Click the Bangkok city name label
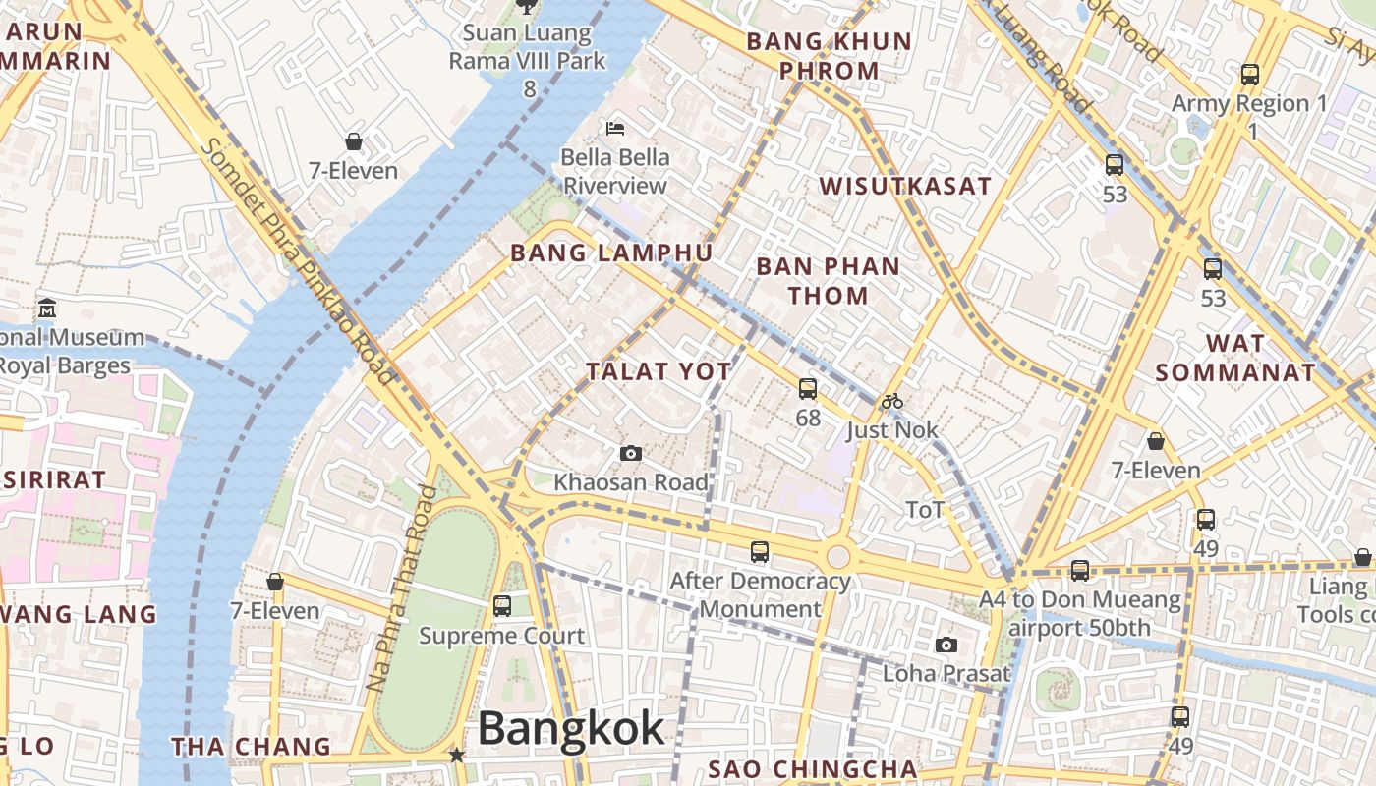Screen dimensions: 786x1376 point(571,729)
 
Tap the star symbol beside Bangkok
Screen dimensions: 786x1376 point(457,755)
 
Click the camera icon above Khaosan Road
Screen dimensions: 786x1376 point(631,453)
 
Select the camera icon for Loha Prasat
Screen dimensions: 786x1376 point(946,645)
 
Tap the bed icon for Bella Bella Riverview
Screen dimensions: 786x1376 point(615,128)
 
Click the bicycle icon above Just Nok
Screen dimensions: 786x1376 point(892,401)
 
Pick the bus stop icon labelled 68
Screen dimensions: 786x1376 point(807,389)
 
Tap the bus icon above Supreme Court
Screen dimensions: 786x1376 point(502,606)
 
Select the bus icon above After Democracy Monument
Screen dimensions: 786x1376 point(760,552)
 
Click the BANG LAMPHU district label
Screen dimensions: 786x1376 point(611,253)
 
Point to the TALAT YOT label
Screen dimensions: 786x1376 point(659,371)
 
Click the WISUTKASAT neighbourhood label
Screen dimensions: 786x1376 point(905,186)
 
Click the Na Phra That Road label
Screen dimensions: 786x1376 point(401,589)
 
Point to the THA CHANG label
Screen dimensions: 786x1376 point(252,746)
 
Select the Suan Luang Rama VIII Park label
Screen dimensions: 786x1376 point(528,47)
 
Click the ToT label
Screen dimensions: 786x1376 point(924,509)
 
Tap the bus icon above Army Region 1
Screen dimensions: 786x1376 point(1249,74)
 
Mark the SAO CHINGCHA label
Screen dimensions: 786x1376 point(813,768)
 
